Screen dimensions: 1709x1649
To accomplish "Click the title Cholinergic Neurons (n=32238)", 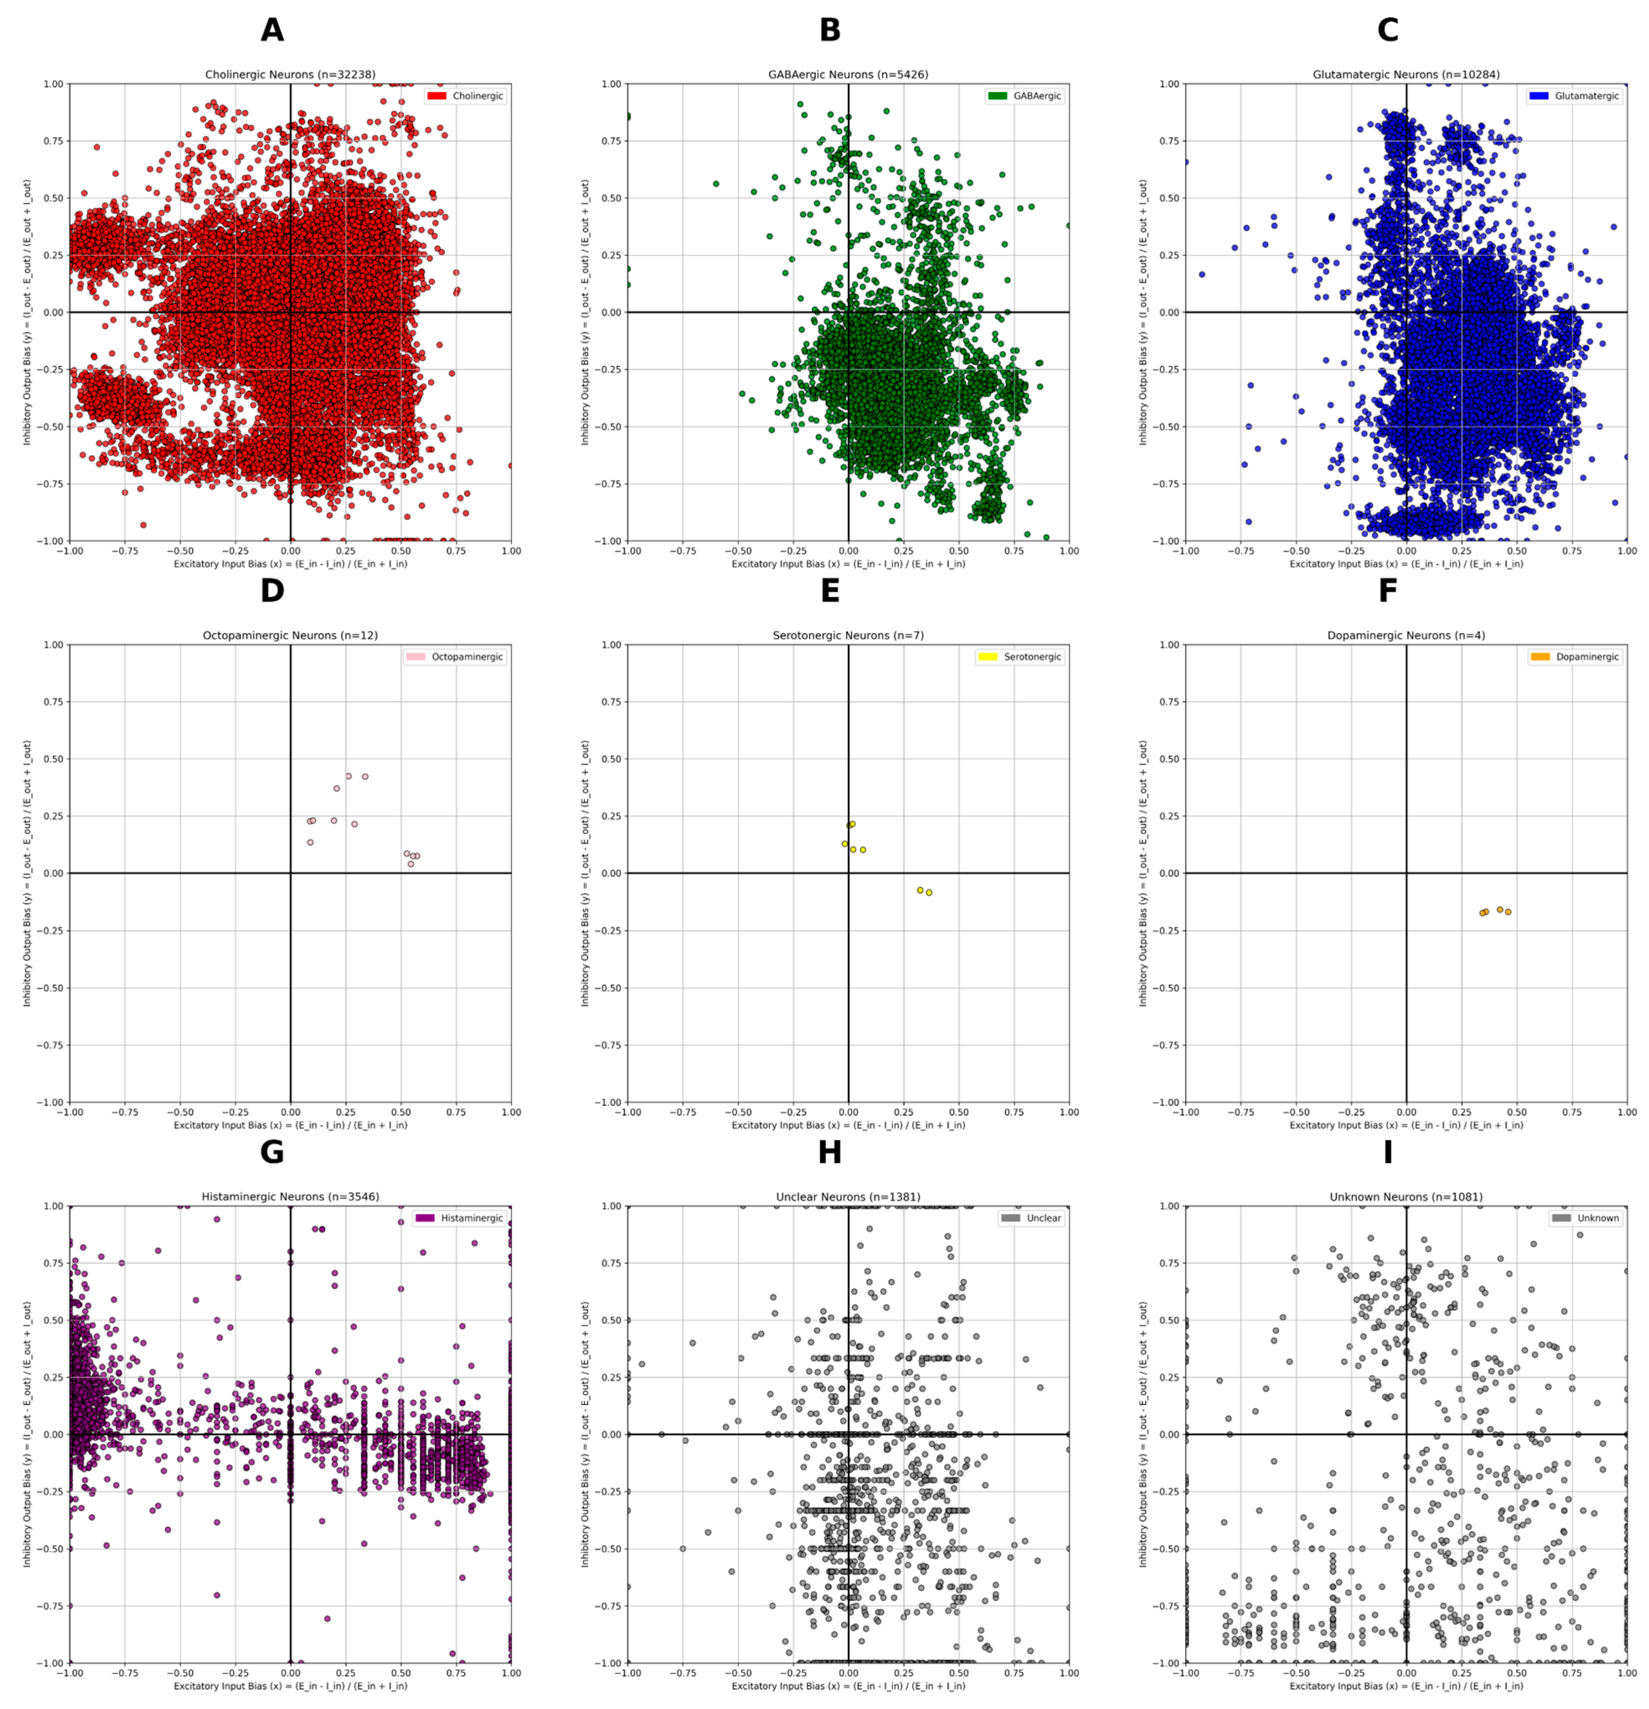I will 290,75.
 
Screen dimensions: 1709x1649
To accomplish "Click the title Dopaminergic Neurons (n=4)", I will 1406,636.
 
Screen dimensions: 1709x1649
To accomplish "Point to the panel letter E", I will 830,591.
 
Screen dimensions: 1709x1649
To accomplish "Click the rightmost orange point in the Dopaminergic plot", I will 1508,912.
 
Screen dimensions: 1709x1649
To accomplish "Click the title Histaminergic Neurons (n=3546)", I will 290,1197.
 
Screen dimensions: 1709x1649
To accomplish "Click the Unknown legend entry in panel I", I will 1586,1218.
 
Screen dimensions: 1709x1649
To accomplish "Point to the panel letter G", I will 272,1153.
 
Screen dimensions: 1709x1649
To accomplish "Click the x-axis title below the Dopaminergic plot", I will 1406,1125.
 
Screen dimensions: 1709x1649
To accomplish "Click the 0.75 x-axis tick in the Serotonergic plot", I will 1014,1113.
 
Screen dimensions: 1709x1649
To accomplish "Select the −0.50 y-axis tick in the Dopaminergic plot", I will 1166,988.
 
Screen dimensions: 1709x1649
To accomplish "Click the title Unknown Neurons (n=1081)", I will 1406,1197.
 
